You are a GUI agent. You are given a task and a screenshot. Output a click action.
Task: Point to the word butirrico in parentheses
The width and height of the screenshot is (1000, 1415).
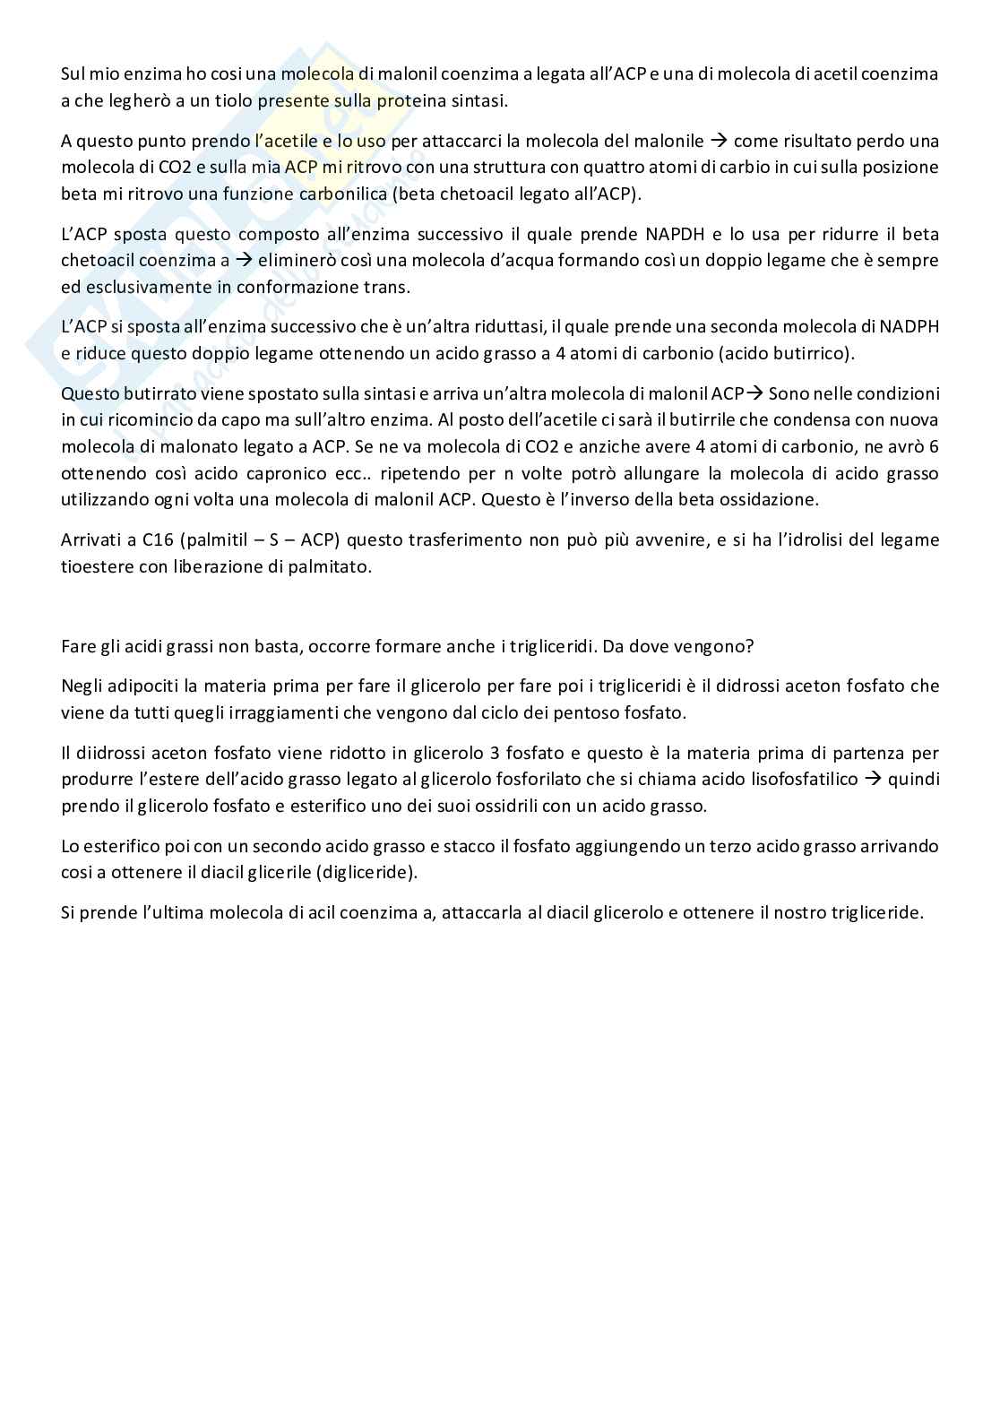(810, 352)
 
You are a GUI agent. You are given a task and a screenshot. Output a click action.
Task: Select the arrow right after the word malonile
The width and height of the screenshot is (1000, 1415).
(719, 141)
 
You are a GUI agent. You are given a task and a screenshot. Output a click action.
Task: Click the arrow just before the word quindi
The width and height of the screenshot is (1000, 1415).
(873, 779)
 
